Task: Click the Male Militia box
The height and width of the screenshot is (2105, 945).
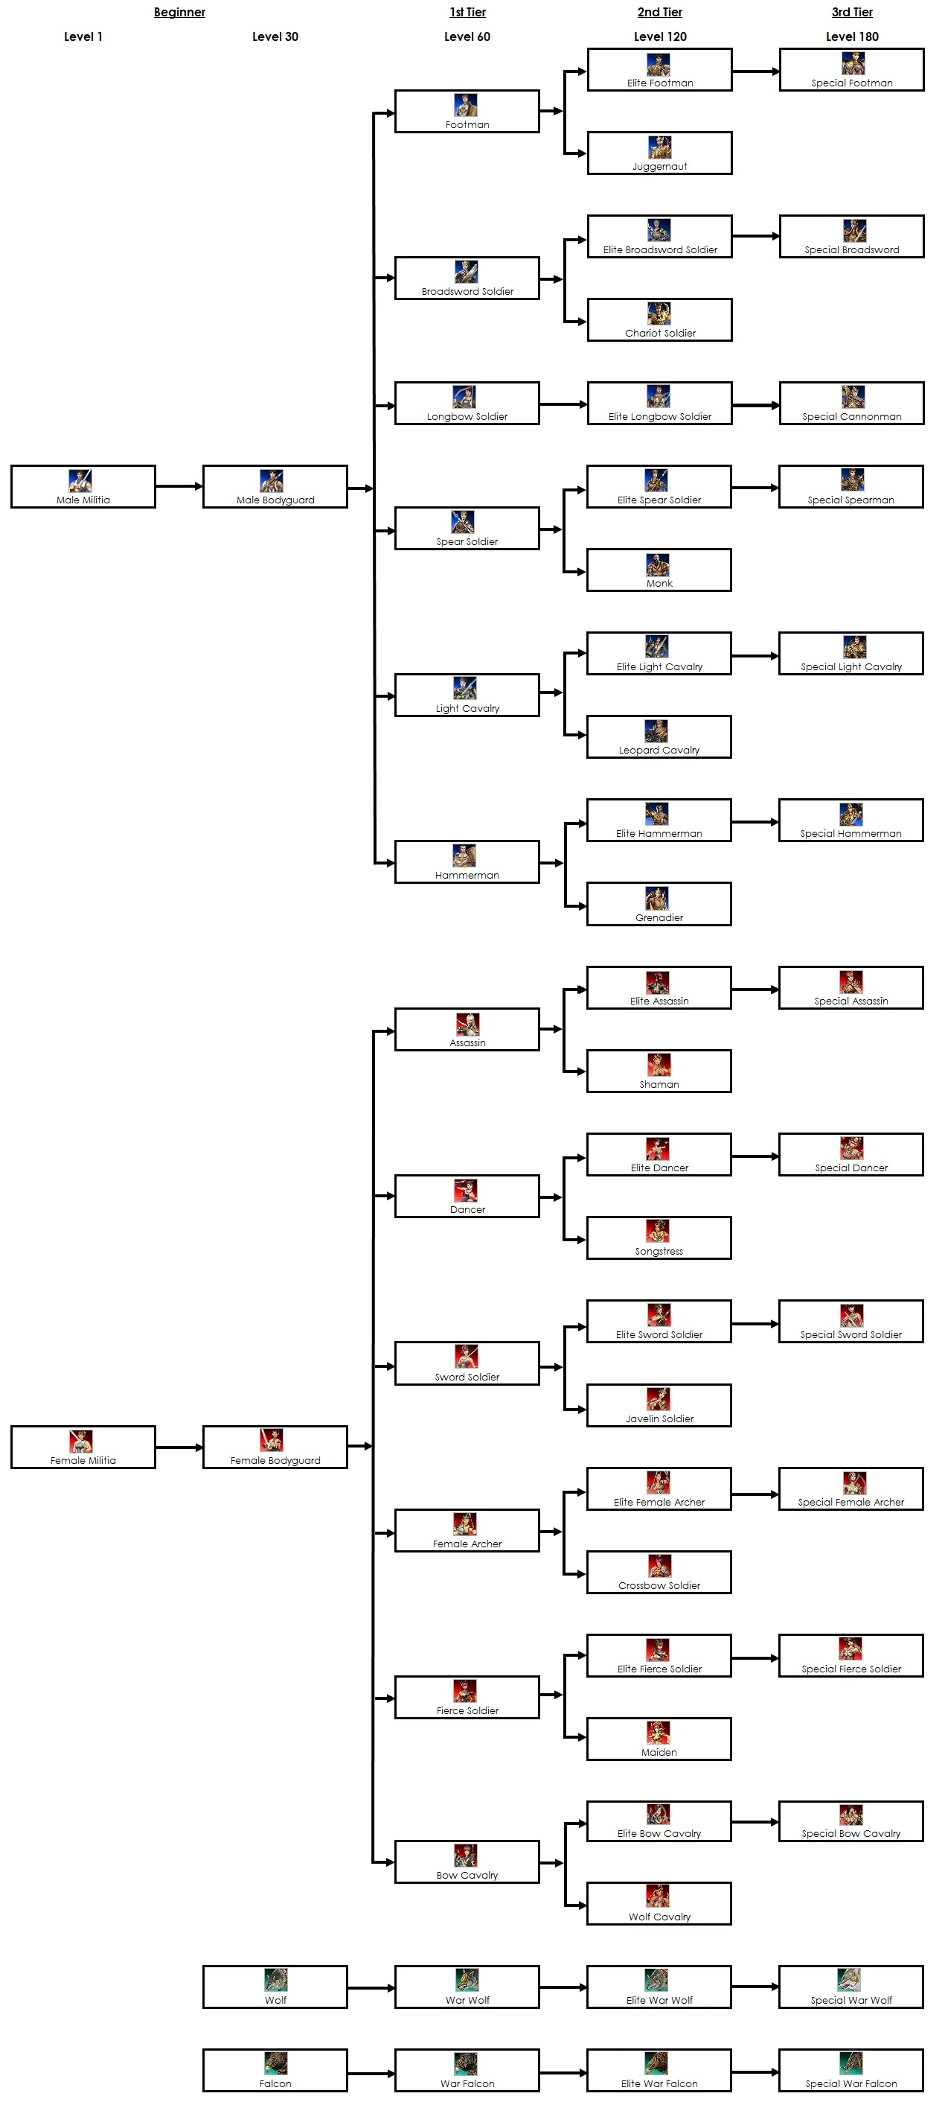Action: click(x=83, y=486)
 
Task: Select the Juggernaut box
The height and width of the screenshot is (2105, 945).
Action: click(x=659, y=153)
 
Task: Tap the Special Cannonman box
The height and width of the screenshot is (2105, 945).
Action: click(x=851, y=403)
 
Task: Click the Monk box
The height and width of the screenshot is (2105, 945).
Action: click(x=659, y=570)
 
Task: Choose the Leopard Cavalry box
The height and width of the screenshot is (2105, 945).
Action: click(x=659, y=736)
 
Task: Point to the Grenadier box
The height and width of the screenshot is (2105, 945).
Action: click(x=659, y=904)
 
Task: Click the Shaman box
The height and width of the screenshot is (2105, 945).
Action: click(x=659, y=1071)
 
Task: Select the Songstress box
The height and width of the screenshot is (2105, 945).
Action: click(x=659, y=1238)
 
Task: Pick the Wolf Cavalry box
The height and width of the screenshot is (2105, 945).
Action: click(x=659, y=1903)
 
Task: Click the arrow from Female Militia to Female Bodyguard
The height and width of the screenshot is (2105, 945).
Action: click(x=179, y=1448)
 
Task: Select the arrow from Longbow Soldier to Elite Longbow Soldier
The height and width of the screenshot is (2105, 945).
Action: click(x=563, y=404)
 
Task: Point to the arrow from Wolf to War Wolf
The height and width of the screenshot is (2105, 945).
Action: click(x=371, y=1987)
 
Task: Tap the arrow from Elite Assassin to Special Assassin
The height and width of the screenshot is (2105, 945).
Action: click(x=755, y=990)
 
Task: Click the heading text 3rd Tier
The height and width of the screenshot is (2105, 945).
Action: click(x=852, y=12)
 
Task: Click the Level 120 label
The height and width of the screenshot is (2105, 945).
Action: click(x=660, y=36)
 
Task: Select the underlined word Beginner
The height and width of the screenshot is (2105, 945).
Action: click(x=179, y=12)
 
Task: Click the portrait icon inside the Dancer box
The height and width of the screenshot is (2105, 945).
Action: click(x=466, y=1190)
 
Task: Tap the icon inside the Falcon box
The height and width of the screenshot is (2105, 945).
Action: click(x=275, y=2063)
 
